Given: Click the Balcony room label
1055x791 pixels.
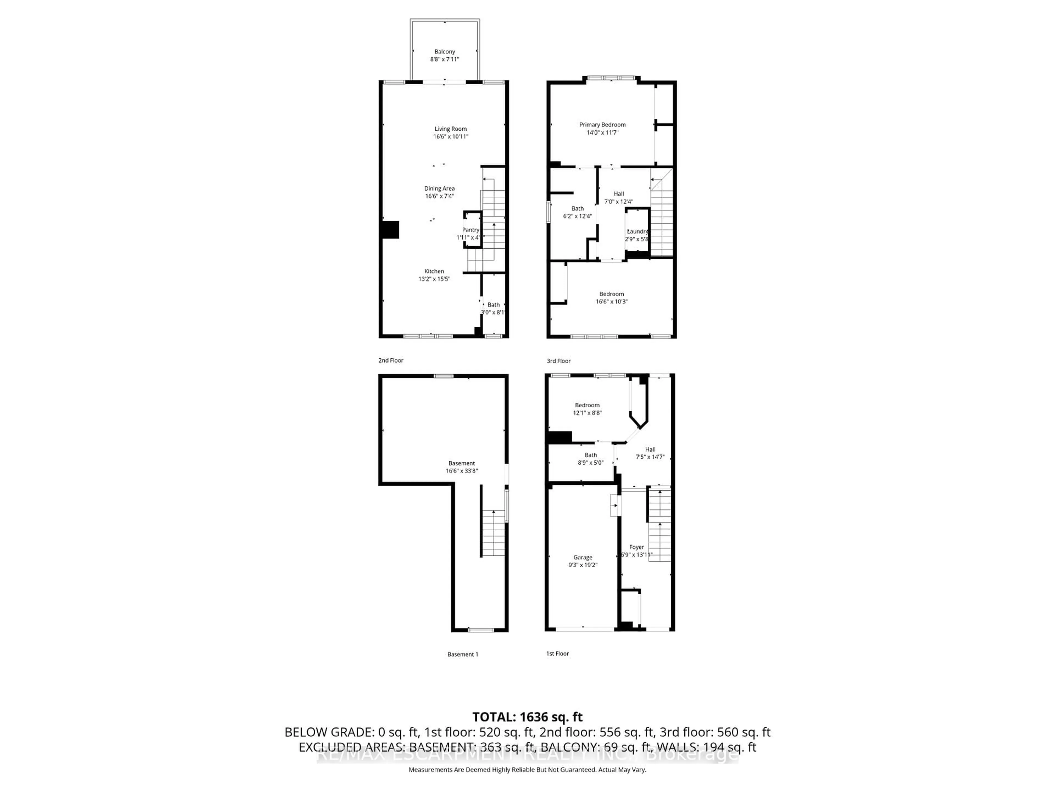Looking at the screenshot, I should point(445,51).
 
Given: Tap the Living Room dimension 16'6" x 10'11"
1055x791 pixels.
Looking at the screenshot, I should point(451,136).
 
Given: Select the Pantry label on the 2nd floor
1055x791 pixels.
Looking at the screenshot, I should point(470,230).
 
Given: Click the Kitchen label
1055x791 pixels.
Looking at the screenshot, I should point(434,271).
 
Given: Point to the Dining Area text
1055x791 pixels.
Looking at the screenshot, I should point(439,188).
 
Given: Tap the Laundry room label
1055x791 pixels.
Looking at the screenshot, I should point(638,231).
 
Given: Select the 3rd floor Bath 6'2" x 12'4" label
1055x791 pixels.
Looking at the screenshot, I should point(578,212).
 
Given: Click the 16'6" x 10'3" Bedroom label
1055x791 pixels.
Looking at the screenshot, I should point(612,297).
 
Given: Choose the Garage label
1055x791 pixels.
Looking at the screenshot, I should point(583,557).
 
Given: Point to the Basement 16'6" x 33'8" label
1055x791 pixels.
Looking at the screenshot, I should point(462,467).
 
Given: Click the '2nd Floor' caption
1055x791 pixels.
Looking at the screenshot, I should point(391,360).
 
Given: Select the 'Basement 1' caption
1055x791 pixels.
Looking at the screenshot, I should point(463,654).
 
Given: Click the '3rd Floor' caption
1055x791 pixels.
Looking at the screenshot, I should point(559,361).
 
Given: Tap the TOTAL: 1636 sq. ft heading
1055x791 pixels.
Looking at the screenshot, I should point(527,717).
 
